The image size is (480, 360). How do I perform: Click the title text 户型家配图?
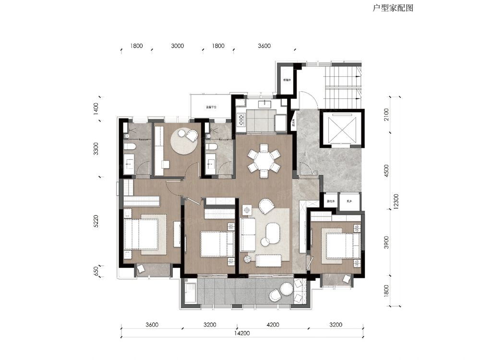(x=393, y=8)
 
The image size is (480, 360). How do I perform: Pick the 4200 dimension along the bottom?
(x=272, y=324)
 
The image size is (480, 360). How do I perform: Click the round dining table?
(x=264, y=160)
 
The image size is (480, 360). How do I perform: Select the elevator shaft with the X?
(x=343, y=128)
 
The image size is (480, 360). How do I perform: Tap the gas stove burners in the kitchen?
(x=240, y=121)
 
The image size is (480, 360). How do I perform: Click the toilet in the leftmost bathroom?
(x=129, y=146)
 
